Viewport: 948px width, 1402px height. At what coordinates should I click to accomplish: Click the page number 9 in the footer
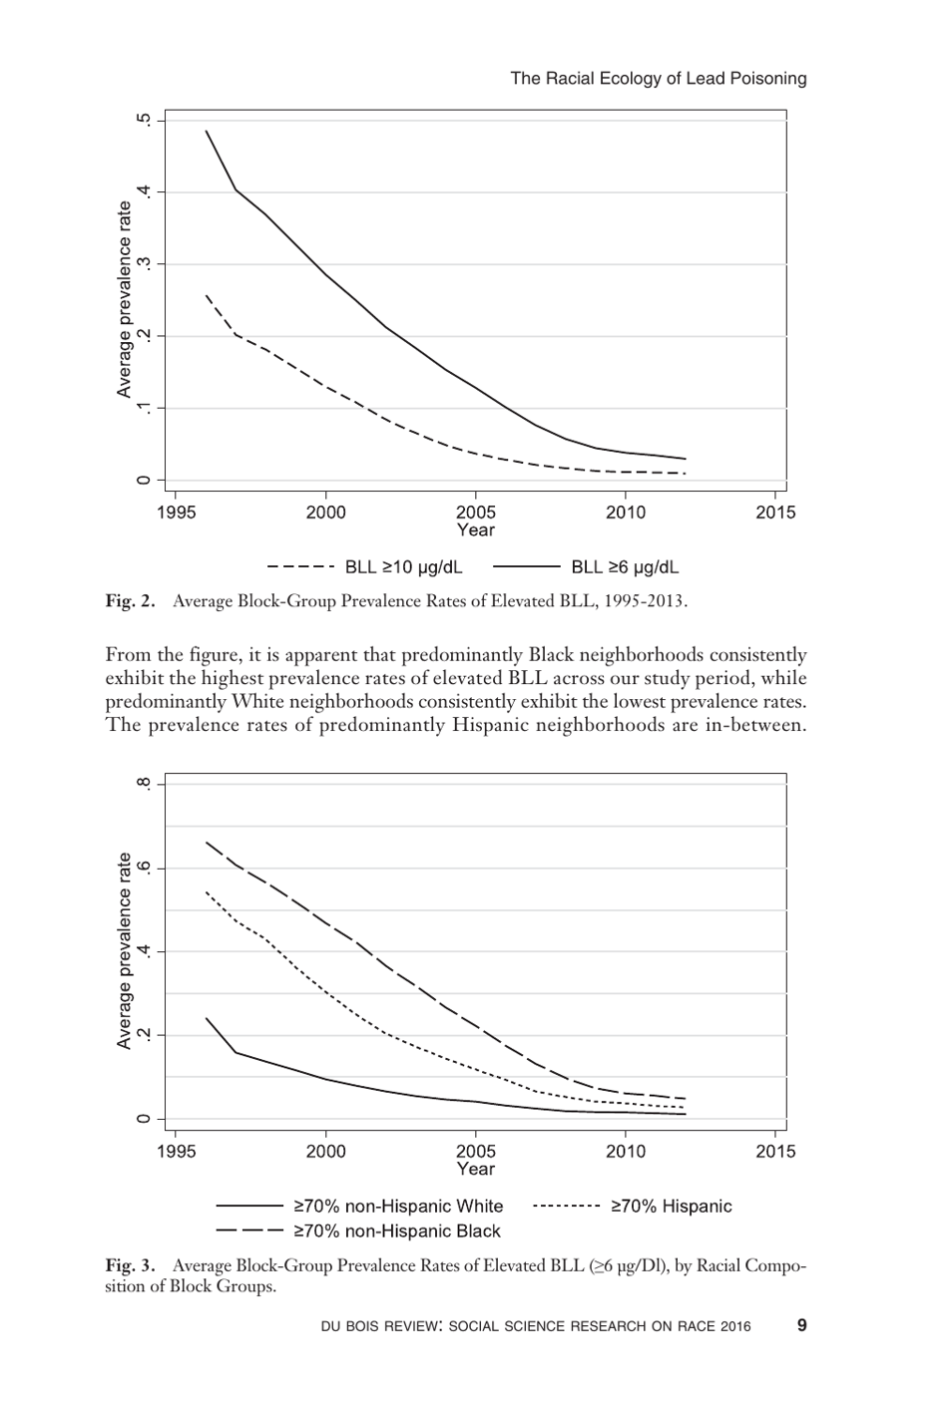(801, 1325)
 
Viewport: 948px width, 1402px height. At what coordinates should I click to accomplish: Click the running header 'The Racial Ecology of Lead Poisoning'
(658, 78)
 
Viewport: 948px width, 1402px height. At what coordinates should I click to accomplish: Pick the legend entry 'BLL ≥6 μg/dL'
(625, 567)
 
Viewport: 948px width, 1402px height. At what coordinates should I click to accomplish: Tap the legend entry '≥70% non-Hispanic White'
(397, 1207)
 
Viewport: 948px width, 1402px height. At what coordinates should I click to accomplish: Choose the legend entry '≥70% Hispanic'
(671, 1207)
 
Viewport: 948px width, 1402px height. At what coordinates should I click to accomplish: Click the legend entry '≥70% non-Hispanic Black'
(396, 1231)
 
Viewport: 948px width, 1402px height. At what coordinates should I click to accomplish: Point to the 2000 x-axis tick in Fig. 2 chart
(325, 513)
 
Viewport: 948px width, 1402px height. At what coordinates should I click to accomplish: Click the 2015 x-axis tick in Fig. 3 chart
(775, 1152)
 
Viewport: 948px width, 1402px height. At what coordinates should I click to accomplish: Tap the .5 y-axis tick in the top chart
(147, 120)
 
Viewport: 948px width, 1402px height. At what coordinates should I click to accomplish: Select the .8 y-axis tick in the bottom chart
(147, 784)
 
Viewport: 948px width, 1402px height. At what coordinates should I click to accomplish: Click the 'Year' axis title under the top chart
(475, 530)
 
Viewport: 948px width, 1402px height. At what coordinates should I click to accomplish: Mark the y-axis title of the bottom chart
(125, 950)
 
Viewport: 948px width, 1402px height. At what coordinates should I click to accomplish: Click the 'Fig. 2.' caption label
(131, 601)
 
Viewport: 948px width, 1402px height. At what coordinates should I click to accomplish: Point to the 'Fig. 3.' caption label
(131, 1265)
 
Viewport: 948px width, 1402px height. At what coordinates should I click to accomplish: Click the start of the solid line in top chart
(207, 131)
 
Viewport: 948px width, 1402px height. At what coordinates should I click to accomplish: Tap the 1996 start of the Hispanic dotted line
(207, 891)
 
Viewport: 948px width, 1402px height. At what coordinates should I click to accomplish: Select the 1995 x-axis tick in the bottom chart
(176, 1152)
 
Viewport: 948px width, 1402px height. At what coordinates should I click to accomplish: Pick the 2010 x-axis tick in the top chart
(626, 513)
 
